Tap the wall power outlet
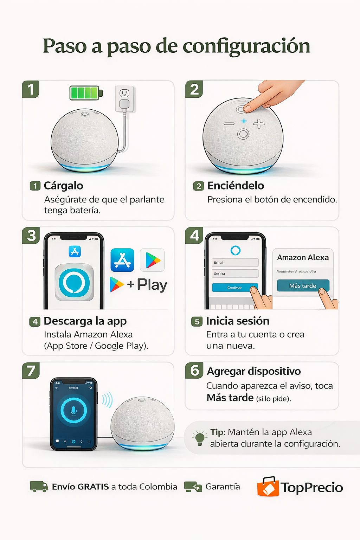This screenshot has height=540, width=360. pos(124,99)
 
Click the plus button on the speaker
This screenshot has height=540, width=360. pos(259,124)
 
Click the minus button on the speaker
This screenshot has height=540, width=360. pos(229,124)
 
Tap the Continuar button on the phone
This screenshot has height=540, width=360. pos(234,288)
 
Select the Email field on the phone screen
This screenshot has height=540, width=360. pos(235,263)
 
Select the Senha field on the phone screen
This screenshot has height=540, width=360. pos(235,274)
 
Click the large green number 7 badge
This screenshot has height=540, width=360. pos(31,371)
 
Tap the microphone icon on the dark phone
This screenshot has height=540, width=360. pos(74,410)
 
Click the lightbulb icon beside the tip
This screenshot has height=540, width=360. pos(200,438)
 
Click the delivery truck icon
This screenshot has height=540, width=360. pos(39,487)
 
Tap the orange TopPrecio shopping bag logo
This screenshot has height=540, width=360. pos(268,487)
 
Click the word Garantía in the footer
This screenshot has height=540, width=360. pos(223,487)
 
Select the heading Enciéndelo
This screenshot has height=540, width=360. pos(236,186)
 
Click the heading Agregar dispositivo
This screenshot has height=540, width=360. pos(253,371)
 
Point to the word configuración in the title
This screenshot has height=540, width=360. pos(246,46)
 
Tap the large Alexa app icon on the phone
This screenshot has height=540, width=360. pos(74,283)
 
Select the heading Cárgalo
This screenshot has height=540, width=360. pos(63,186)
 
